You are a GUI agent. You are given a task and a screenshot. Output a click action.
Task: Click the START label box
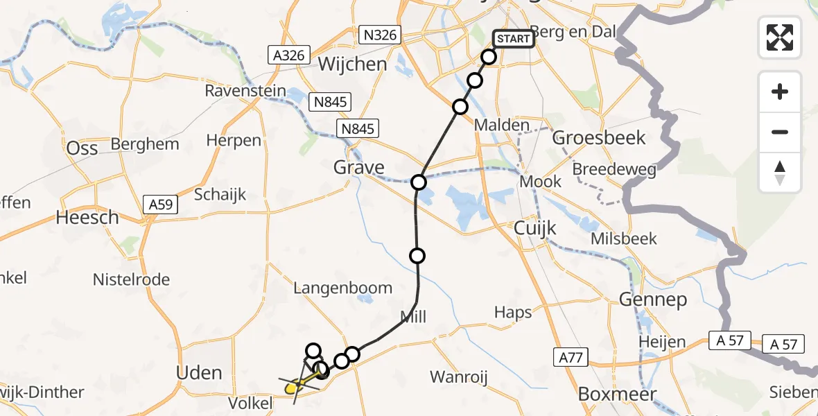coord(514,39)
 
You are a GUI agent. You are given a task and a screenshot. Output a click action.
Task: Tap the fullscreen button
coord(780,37)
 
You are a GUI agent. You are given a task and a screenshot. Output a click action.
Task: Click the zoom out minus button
coord(780,132)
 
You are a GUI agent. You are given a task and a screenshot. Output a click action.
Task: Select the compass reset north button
coord(780,173)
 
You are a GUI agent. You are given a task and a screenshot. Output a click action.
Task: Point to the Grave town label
coord(358,167)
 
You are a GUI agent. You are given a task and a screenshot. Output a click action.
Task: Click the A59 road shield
coord(161,205)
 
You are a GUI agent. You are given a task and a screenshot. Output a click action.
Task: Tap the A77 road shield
coord(571,357)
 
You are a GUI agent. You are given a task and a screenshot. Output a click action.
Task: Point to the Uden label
coord(199,372)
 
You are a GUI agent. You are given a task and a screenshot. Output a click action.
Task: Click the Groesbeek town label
coord(599,138)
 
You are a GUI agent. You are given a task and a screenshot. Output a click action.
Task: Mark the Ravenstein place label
coord(245,91)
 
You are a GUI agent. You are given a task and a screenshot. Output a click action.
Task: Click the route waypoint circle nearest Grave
coord(419,182)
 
